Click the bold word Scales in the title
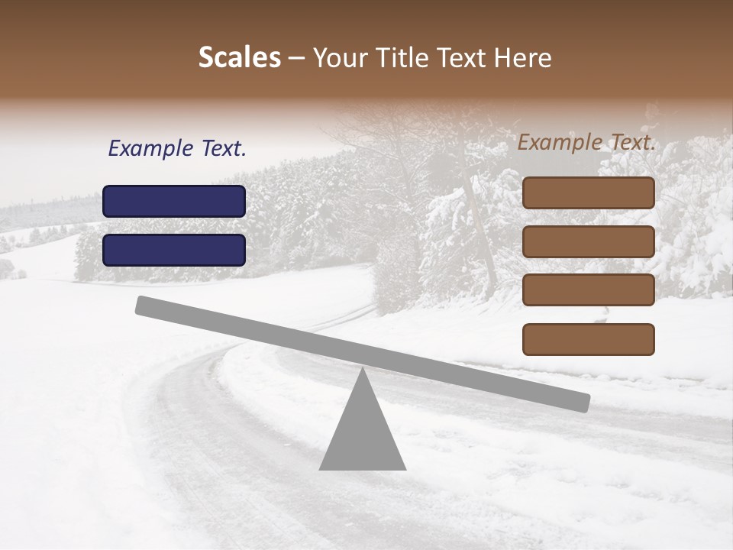pyautogui.click(x=240, y=58)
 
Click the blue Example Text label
pyautogui.click(x=176, y=149)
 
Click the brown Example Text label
pyautogui.click(x=586, y=142)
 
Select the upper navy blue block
pyautogui.click(x=174, y=201)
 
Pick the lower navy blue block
pyautogui.click(x=174, y=250)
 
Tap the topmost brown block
pyautogui.click(x=588, y=192)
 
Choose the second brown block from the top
pyautogui.click(x=588, y=241)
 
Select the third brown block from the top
pyautogui.click(x=588, y=290)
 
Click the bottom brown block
pyautogui.click(x=588, y=339)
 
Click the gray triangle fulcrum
pyautogui.click(x=363, y=435)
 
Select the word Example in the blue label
pyautogui.click(x=150, y=149)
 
